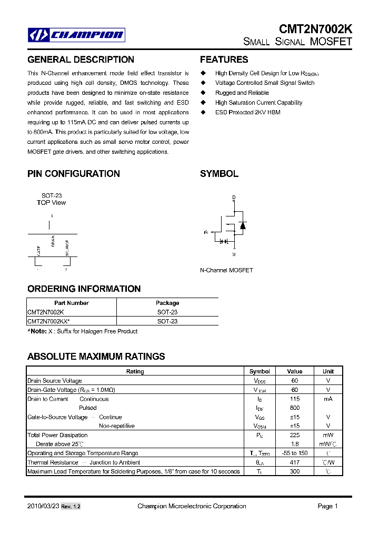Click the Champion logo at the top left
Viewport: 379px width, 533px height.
[x=76, y=35]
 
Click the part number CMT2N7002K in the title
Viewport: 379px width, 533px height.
[x=315, y=30]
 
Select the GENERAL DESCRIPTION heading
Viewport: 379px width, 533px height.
[x=81, y=60]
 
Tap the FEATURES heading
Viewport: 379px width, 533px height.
[x=224, y=60]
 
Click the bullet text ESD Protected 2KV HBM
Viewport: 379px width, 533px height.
[x=247, y=113]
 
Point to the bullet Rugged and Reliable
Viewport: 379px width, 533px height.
[x=242, y=93]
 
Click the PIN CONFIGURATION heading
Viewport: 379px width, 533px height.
[x=74, y=174]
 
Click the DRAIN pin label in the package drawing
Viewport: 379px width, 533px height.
[x=53, y=241]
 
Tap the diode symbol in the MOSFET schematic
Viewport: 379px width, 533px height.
[x=242, y=226]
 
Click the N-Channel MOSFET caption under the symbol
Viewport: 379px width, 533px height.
[x=226, y=270]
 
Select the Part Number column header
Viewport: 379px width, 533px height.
[x=72, y=303]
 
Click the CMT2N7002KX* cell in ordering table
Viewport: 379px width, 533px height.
[x=48, y=321]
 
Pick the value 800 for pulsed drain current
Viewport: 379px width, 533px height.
[x=295, y=408]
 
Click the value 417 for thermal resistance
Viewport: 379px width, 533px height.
[x=295, y=462]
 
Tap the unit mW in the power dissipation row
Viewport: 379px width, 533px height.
[x=328, y=435]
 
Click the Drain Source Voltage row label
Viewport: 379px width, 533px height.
[x=54, y=381]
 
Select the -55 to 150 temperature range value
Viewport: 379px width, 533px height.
[x=295, y=453]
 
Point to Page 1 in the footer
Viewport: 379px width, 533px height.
[x=327, y=506]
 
